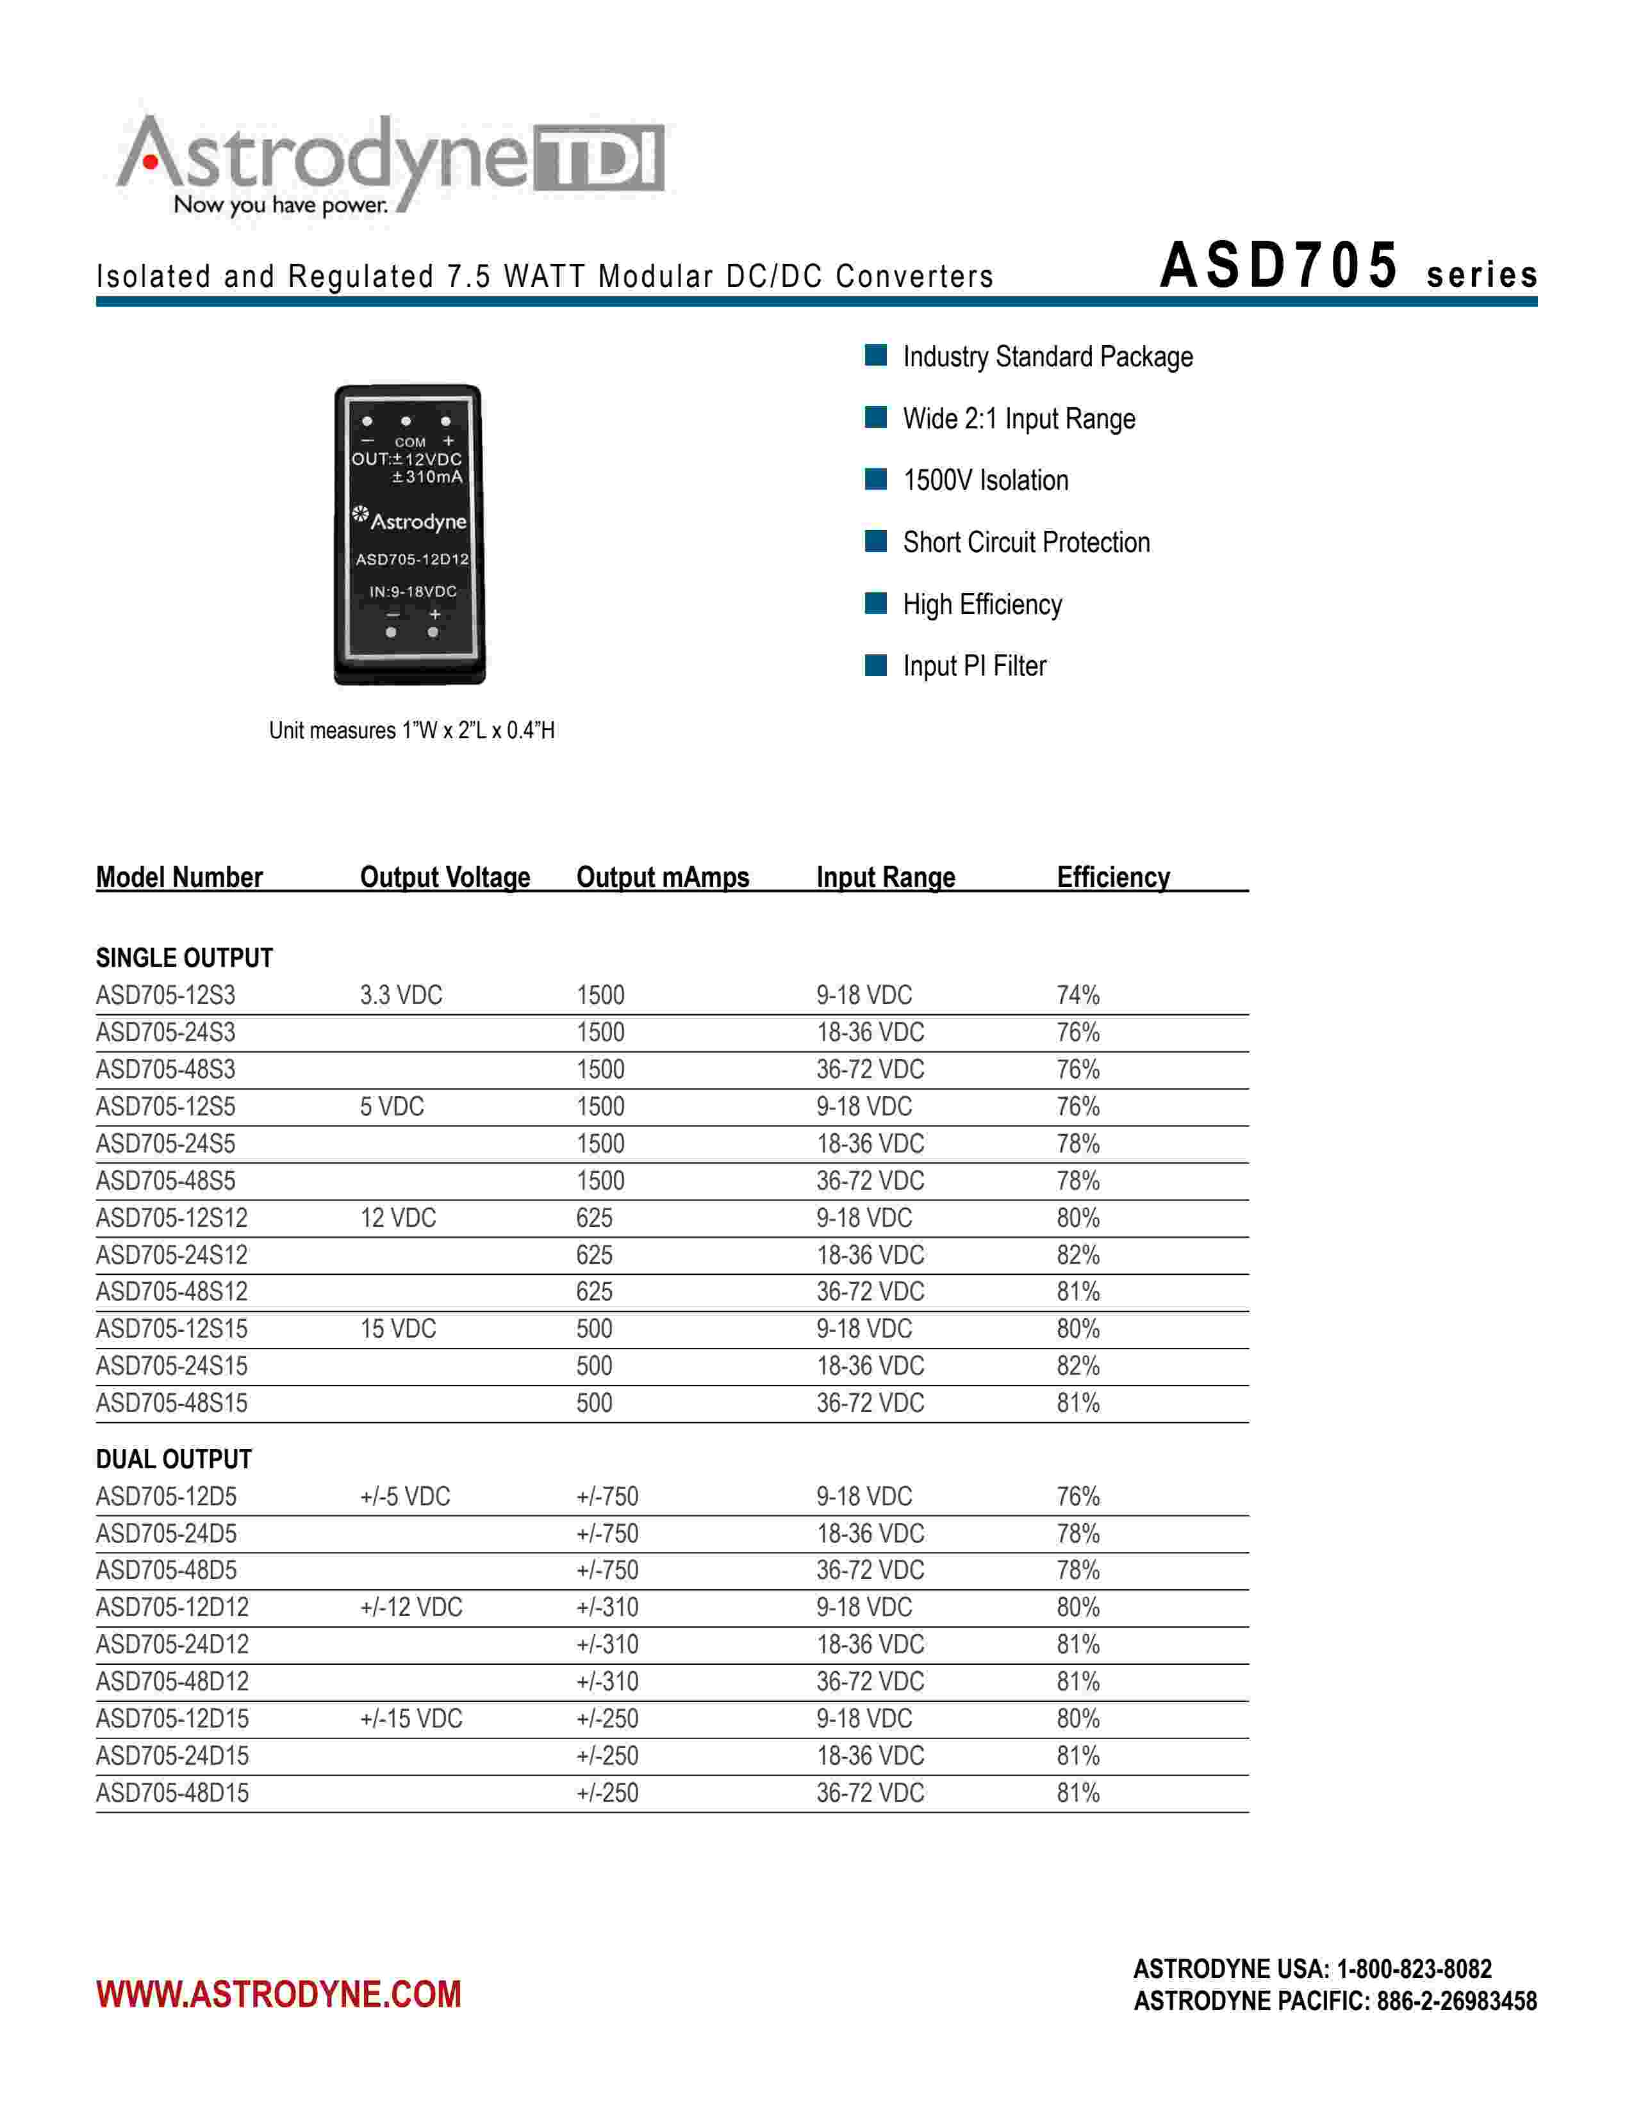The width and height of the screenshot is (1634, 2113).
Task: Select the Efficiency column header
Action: coord(1112,877)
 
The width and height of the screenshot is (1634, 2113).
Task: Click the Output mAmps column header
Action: coord(662,877)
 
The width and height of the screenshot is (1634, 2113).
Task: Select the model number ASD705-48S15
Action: coord(171,1403)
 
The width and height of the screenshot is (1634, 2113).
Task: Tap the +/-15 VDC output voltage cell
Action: coord(411,1719)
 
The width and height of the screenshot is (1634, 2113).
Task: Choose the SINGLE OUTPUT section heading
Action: coord(184,958)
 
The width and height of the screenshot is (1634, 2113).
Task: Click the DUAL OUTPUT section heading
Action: coord(173,1459)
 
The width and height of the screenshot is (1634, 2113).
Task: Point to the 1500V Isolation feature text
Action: coord(986,481)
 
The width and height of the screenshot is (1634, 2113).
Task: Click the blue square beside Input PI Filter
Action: coord(875,665)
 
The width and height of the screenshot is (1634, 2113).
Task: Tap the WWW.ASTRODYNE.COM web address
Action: coord(279,1994)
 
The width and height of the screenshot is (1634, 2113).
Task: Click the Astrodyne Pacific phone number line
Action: coord(1335,2001)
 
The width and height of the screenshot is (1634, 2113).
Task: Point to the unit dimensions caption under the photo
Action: coord(411,731)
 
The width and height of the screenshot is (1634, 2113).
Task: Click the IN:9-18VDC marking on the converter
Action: coord(413,591)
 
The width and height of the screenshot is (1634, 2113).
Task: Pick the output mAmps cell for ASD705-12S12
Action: coord(595,1217)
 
